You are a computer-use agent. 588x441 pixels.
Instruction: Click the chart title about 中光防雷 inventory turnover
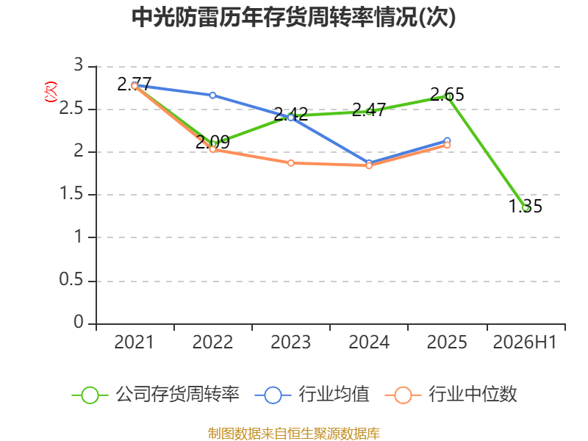293,17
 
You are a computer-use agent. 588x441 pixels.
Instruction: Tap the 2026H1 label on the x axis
525,342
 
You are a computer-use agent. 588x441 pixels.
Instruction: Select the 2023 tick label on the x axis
290,342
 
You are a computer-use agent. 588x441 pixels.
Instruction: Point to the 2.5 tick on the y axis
71,108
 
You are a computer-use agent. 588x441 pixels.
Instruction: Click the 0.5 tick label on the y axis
71,279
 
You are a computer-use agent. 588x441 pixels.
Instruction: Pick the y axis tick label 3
79,65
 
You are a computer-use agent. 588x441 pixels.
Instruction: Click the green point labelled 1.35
526,208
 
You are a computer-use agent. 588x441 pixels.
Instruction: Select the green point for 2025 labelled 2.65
447,96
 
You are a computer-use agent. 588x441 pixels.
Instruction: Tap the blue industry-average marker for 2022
212,96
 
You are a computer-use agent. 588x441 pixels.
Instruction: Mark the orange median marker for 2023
291,163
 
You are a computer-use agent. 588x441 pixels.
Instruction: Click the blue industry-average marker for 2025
447,140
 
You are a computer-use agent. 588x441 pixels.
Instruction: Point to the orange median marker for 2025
447,145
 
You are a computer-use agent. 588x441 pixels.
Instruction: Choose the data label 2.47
369,110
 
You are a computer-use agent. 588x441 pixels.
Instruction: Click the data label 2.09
212,142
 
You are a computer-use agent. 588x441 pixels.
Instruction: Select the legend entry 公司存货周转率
155,395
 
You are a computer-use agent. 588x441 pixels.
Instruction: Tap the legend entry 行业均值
312,395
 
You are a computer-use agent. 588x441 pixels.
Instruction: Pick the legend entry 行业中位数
451,395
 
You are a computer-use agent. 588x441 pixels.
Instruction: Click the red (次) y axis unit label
51,92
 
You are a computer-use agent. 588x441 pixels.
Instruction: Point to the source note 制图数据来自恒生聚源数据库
293,434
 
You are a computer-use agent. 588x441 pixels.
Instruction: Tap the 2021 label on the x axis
134,342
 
